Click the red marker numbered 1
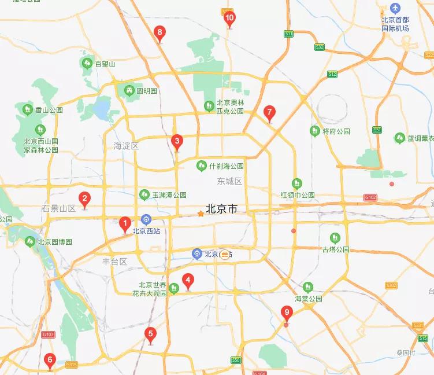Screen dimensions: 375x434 click(x=124, y=223)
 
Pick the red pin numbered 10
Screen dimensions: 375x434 click(x=229, y=19)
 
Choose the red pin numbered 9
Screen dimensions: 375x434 click(x=287, y=314)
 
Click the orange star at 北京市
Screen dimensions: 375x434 click(x=201, y=214)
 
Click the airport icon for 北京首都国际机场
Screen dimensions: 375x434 click(x=395, y=9)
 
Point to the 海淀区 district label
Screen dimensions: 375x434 click(x=126, y=146)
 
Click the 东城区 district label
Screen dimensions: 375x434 click(x=229, y=181)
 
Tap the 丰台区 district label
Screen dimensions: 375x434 click(x=114, y=261)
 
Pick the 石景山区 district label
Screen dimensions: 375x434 click(x=59, y=208)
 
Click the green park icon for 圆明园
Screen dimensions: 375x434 click(x=128, y=90)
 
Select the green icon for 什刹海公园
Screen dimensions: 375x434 click(x=202, y=166)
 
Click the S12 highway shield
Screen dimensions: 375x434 click(x=332, y=74)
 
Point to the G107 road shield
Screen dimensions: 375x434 click(x=47, y=334)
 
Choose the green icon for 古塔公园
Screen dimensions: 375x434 click(x=335, y=237)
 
